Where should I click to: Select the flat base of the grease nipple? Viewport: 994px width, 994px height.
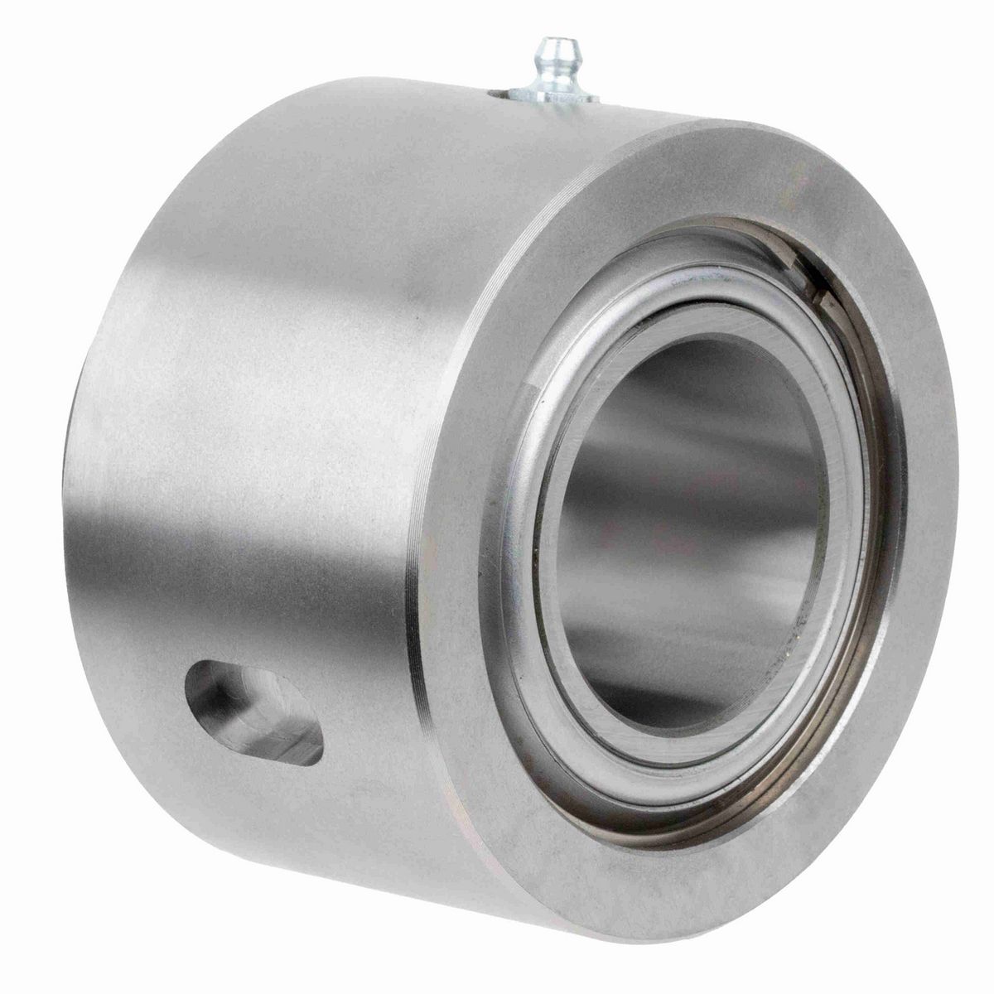552,94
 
